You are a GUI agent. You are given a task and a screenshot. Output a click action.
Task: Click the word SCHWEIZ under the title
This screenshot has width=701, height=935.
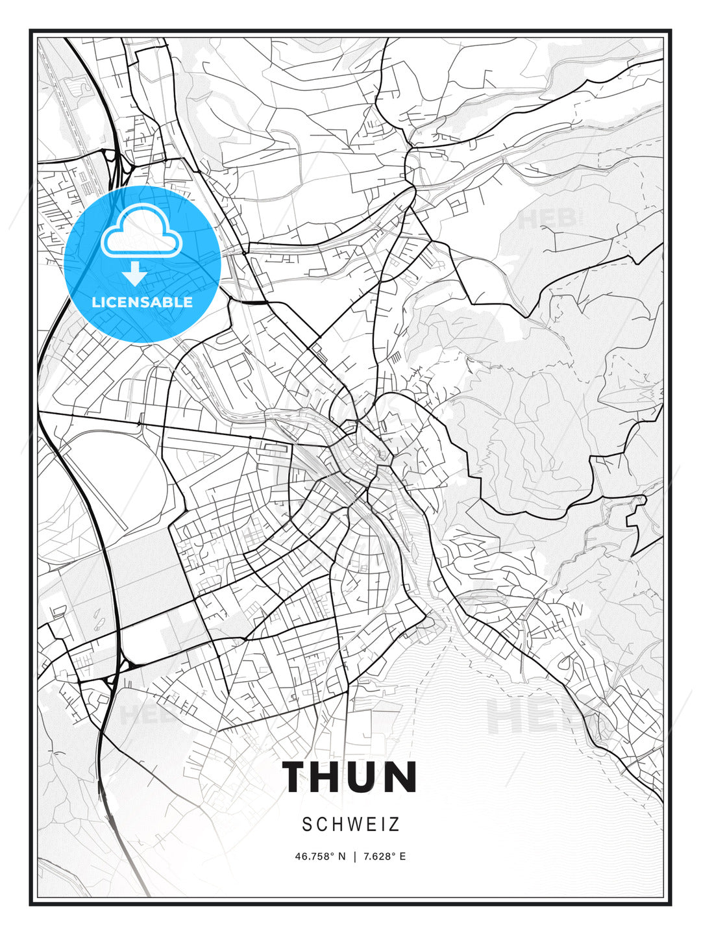pyautogui.click(x=350, y=825)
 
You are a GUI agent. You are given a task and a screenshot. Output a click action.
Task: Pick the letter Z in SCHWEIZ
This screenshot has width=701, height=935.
pyautogui.click(x=395, y=825)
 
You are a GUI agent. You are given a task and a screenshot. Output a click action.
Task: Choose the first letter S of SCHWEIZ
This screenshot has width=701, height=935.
pyautogui.click(x=306, y=825)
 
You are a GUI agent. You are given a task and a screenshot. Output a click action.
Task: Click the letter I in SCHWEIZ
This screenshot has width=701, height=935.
pyautogui.click(x=383, y=825)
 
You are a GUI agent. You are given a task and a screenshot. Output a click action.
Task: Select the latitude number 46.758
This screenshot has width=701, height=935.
pyautogui.click(x=315, y=856)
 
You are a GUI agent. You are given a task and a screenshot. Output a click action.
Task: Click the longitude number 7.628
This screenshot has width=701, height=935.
pyautogui.click(x=378, y=856)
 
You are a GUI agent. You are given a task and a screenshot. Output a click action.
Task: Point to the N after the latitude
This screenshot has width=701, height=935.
pyautogui.click(x=343, y=856)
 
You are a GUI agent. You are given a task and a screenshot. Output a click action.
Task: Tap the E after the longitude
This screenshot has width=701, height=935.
pyautogui.click(x=402, y=856)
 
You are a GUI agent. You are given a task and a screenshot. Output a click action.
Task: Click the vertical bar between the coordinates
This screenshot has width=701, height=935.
pyautogui.click(x=354, y=856)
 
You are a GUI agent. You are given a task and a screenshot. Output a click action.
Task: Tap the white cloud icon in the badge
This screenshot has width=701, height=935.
pyautogui.click(x=141, y=232)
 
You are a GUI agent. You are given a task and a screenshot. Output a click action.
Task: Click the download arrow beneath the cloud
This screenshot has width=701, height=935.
pyautogui.click(x=135, y=274)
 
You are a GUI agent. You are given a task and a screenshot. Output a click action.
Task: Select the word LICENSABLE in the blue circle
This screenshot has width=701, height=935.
pyautogui.click(x=142, y=302)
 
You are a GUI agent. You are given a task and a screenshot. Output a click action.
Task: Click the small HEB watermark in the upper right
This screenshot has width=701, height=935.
pyautogui.click(x=548, y=219)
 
